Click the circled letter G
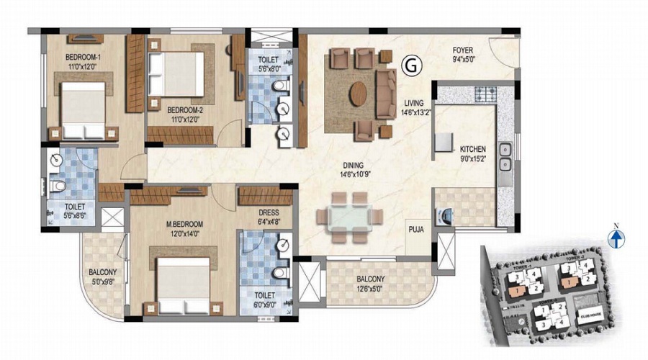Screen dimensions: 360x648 pos(412,66)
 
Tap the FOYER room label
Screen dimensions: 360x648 pos(462,50)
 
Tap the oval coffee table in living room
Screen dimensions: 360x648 pos(359,93)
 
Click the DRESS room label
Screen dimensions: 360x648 pos(269,213)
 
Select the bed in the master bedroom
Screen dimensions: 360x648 pos(181,280)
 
